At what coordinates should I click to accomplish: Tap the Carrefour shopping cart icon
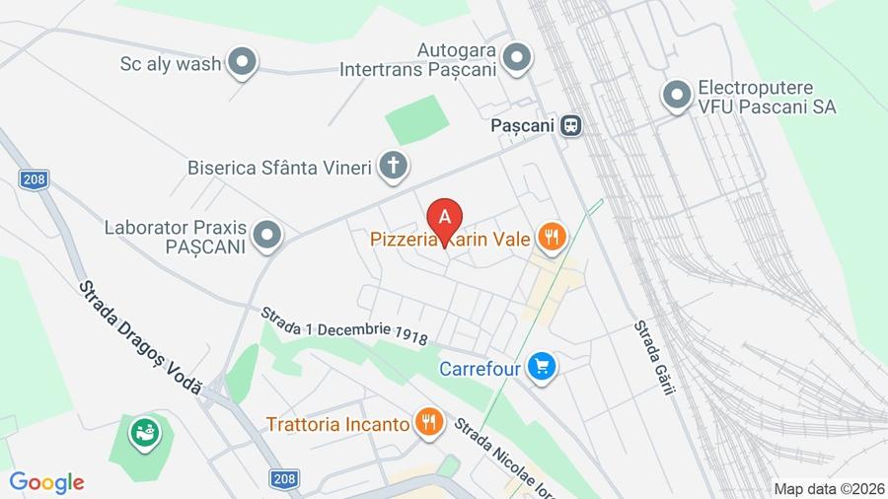point(540,368)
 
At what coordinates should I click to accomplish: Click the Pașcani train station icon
point(570,126)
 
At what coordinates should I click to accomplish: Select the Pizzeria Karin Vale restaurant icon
point(551,237)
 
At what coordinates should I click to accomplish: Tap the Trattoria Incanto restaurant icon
point(427,423)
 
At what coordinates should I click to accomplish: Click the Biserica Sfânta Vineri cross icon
point(393,166)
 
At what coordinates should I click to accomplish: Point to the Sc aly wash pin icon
point(242,64)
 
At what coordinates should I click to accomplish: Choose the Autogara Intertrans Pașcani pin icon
point(515,58)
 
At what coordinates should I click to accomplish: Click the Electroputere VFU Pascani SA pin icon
point(677,96)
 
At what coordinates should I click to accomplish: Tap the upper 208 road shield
point(34,178)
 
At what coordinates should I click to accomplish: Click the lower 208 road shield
point(284,478)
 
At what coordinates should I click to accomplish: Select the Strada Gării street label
point(654,357)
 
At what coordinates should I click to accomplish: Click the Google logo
point(46,482)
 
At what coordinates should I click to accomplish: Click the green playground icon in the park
point(145,431)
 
